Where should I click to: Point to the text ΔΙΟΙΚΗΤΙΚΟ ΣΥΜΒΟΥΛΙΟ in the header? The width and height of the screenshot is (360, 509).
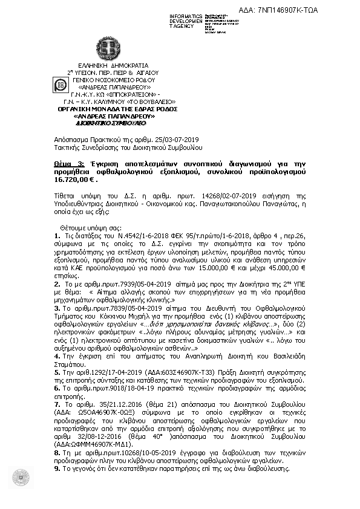click(x=111, y=123)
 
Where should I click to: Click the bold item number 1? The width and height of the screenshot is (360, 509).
click(x=57, y=236)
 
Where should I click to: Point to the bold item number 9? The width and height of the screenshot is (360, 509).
click(x=57, y=468)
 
